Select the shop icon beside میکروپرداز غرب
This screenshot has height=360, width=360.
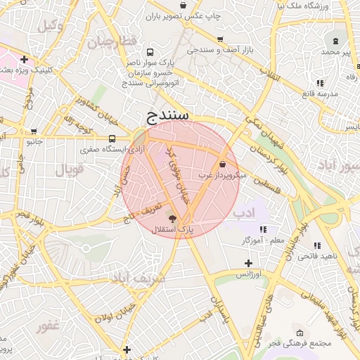(223, 163)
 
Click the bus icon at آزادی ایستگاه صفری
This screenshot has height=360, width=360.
(112, 139)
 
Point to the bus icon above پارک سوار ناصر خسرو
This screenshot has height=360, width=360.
(150, 52)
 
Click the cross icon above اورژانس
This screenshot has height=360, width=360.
(247, 263)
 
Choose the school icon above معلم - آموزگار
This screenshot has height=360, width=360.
(263, 229)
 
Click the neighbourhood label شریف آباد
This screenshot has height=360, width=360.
(138, 278)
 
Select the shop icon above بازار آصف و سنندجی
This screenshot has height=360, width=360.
(221, 39)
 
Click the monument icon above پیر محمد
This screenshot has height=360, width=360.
(335, 41)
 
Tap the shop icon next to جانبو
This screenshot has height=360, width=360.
(34, 131)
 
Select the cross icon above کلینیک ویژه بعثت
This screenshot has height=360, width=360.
(25, 59)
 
